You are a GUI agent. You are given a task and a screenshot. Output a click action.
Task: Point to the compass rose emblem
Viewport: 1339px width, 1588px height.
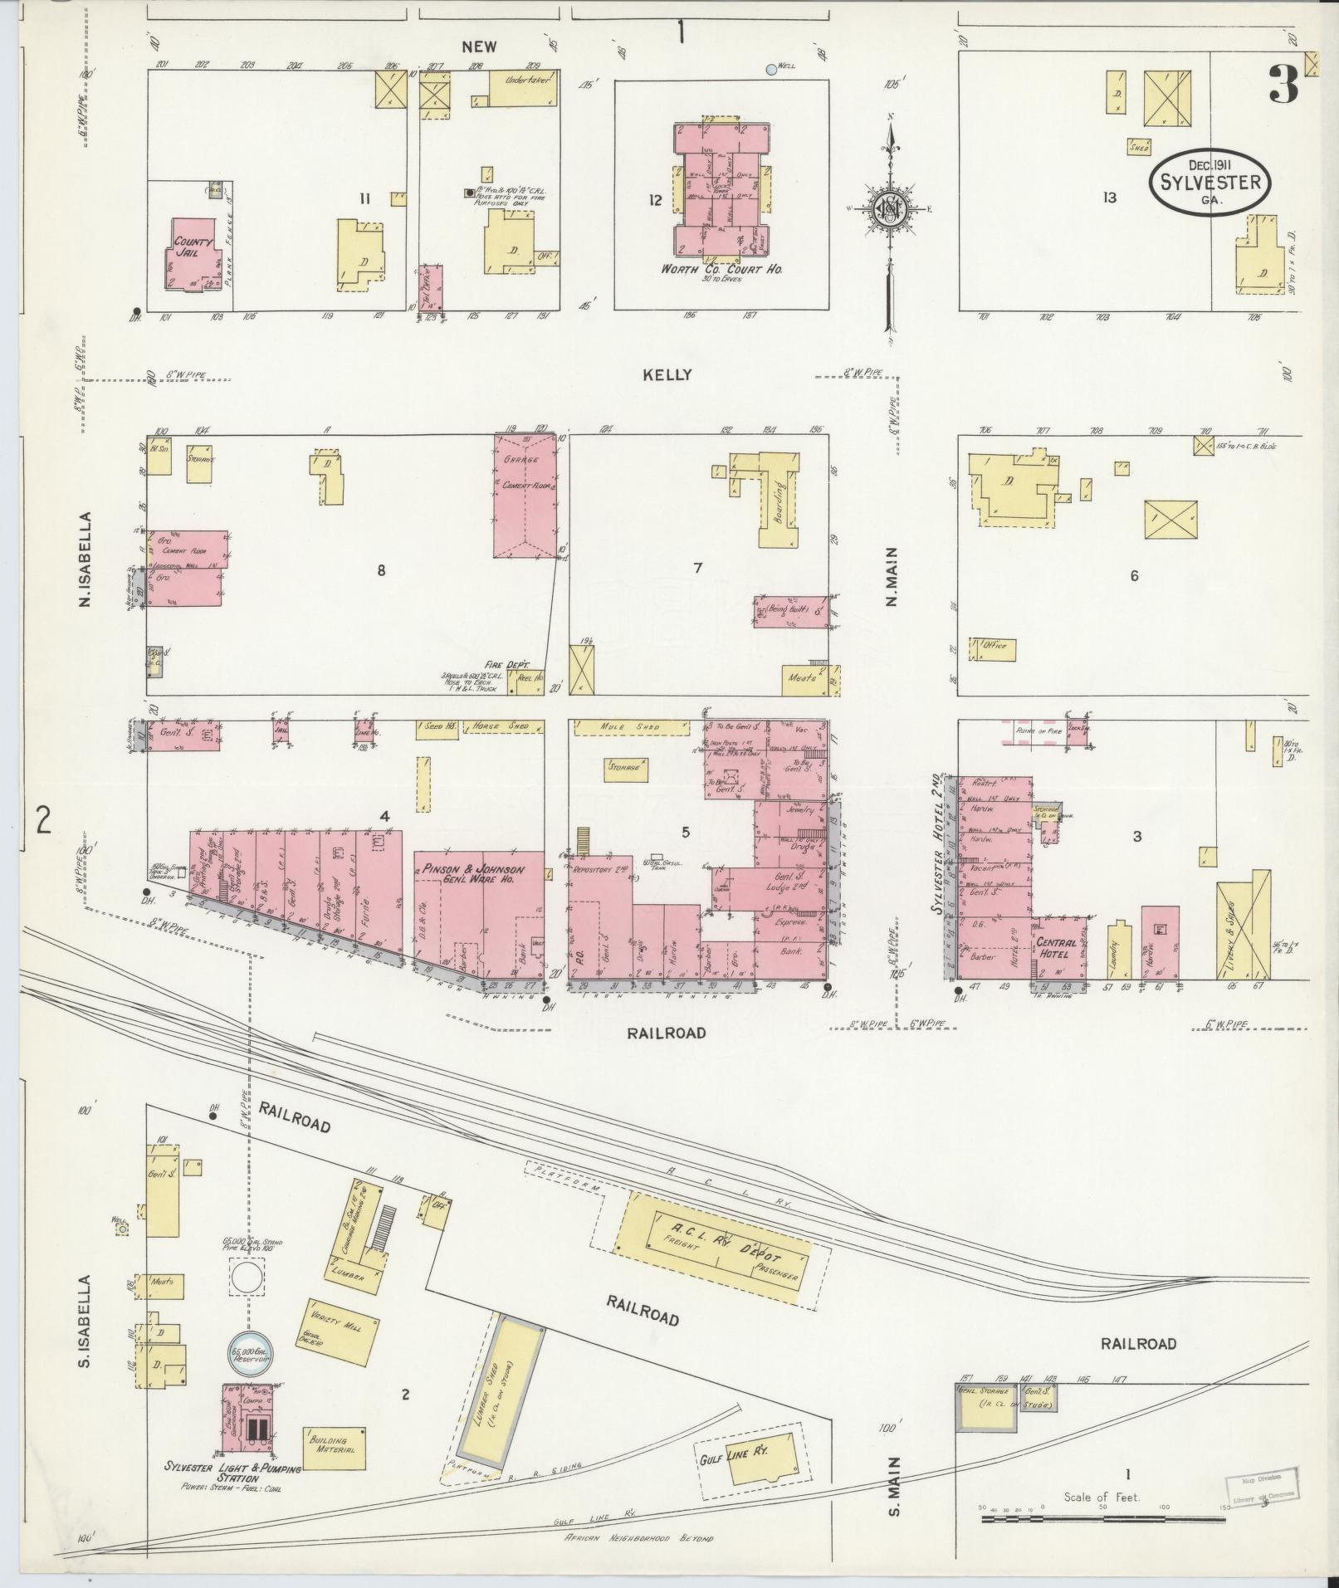(x=888, y=208)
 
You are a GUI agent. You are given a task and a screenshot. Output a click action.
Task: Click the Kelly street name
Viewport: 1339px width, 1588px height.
(x=667, y=375)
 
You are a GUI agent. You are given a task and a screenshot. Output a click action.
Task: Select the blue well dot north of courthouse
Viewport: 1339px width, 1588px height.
(x=771, y=70)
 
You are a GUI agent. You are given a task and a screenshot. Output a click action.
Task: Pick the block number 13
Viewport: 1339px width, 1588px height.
(x=1109, y=197)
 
